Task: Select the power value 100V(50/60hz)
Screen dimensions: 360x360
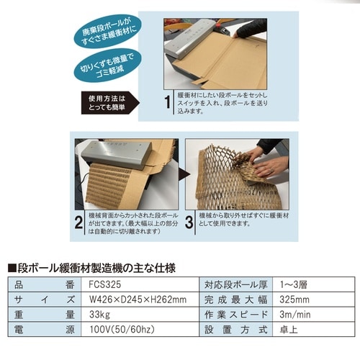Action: [116, 330]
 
